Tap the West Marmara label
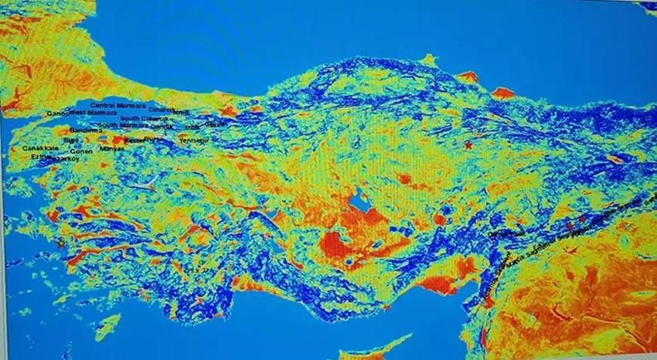[x=92, y=113]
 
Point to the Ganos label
[x=58, y=114]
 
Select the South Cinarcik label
[x=145, y=118]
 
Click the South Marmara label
[x=123, y=125]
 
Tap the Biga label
[x=70, y=140]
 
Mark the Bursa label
[x=155, y=138]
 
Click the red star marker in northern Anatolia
[x=468, y=144]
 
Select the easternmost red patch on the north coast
[x=502, y=93]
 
